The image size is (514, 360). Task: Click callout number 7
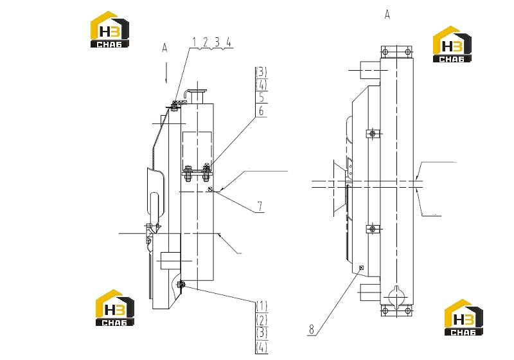[260, 206]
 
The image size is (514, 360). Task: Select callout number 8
[312, 329]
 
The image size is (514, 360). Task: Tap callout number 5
[261, 97]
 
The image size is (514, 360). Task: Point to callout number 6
[261, 111]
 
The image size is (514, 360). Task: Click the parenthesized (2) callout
[261, 320]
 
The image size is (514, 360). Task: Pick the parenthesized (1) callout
[261, 306]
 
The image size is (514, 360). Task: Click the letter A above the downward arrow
[164, 48]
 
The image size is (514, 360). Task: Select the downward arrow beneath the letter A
[166, 72]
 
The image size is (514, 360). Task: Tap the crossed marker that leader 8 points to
[362, 267]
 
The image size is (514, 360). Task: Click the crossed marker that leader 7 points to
[211, 188]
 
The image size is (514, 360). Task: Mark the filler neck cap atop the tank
[198, 91]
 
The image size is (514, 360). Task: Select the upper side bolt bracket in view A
[373, 134]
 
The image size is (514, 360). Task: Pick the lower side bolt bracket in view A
[373, 228]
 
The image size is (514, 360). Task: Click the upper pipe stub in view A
[371, 70]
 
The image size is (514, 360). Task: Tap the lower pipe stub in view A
[371, 292]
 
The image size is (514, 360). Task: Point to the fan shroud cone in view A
[340, 188]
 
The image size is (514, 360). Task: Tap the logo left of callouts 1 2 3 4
[110, 30]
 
